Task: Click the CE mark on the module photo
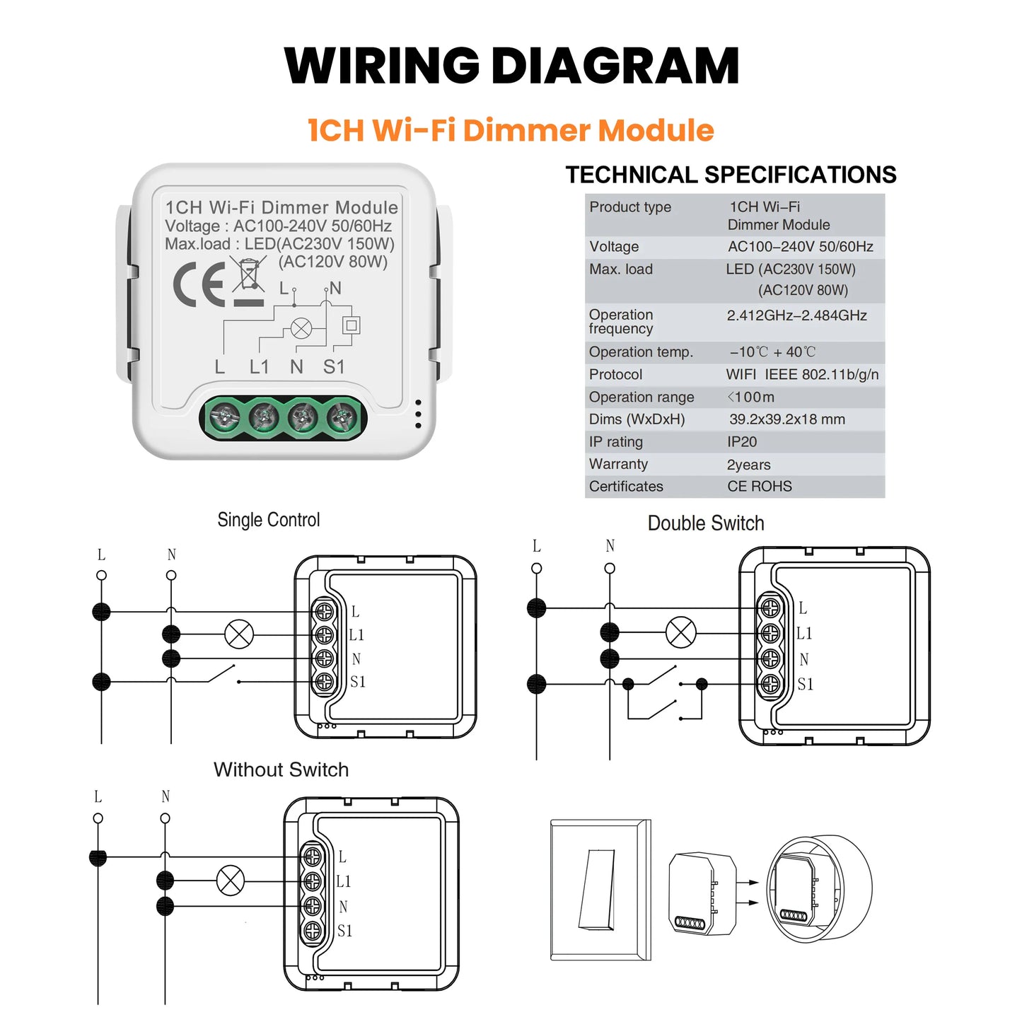click(199, 284)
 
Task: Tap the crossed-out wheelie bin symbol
click(248, 274)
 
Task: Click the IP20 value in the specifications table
click(742, 442)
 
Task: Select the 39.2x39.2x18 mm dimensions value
click(786, 419)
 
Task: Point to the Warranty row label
click(618, 464)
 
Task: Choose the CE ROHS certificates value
click(759, 487)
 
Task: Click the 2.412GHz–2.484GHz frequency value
click(796, 315)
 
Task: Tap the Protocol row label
click(615, 375)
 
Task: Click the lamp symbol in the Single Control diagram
click(239, 634)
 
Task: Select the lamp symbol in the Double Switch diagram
click(681, 632)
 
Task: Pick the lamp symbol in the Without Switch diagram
click(230, 881)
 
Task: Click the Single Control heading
click(269, 520)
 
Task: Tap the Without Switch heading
click(281, 770)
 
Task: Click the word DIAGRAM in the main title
click(615, 66)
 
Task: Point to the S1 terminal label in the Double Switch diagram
click(805, 684)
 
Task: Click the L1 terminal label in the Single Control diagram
click(356, 635)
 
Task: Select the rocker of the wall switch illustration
click(597, 889)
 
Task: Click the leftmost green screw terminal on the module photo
click(222, 418)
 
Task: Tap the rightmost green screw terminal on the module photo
click(342, 417)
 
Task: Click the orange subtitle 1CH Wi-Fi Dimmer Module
click(511, 130)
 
